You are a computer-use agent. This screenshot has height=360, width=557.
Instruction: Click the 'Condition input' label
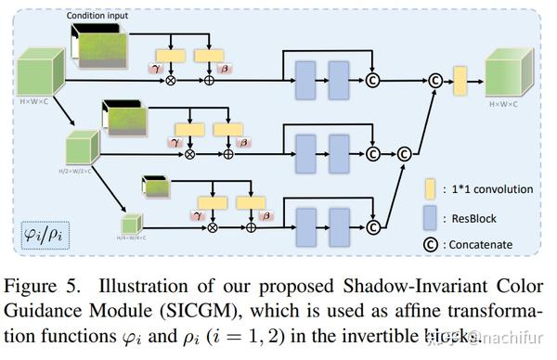[101, 16]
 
